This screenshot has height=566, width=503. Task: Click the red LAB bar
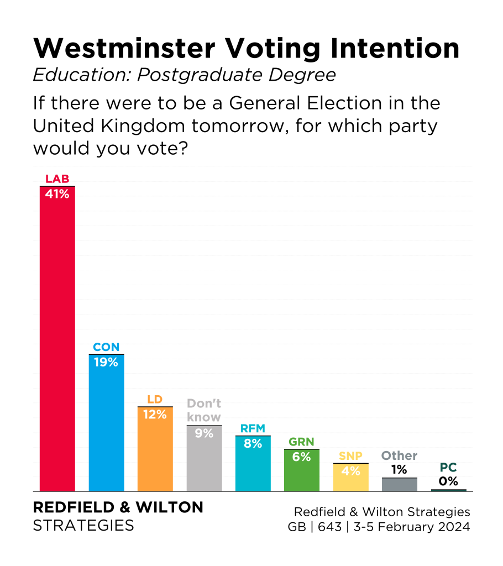point(57,343)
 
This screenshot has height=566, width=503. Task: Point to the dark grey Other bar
point(399,485)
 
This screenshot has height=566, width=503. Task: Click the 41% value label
point(57,194)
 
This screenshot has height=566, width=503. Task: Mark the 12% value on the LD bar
point(155,415)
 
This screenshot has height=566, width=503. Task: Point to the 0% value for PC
point(448,481)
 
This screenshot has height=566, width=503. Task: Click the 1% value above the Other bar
point(399,470)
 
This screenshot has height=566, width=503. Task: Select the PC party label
point(448,468)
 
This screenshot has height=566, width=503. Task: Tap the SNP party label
point(350,456)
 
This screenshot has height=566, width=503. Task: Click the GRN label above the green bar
point(301,442)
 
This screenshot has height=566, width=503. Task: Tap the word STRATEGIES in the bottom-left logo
point(83,525)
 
